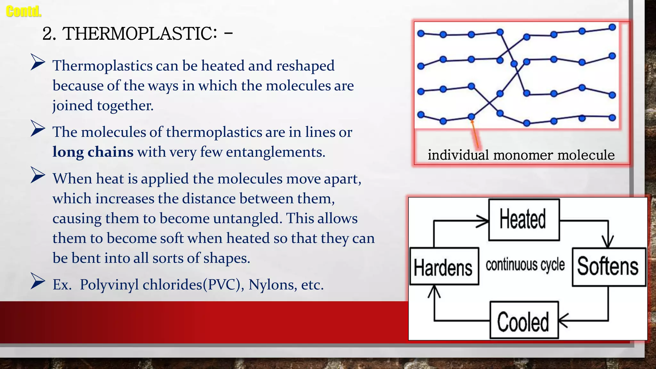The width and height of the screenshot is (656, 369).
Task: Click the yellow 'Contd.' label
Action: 24,12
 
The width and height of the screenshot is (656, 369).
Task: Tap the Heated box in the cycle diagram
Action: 524,220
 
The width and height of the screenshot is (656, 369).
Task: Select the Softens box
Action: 608,267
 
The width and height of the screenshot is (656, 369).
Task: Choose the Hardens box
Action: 444,267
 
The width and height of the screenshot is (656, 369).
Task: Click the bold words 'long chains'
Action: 93,152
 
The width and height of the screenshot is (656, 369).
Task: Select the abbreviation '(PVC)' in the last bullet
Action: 223,284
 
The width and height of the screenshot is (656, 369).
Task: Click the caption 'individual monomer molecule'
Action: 521,155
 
